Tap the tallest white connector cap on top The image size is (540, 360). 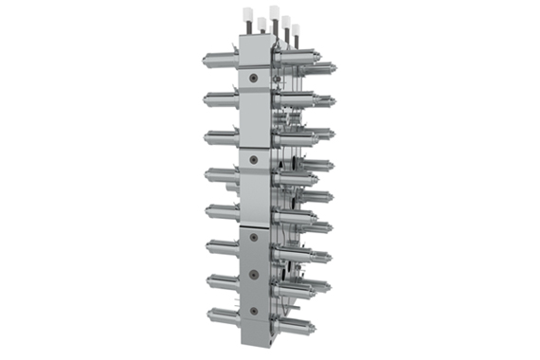click(x=274, y=12)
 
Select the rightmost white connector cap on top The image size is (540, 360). click(x=296, y=29)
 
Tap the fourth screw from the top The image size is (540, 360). click(x=253, y=274)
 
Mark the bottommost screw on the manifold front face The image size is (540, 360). click(x=253, y=310)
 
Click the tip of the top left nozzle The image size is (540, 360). click(x=206, y=61)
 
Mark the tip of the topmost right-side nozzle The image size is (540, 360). click(x=333, y=67)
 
